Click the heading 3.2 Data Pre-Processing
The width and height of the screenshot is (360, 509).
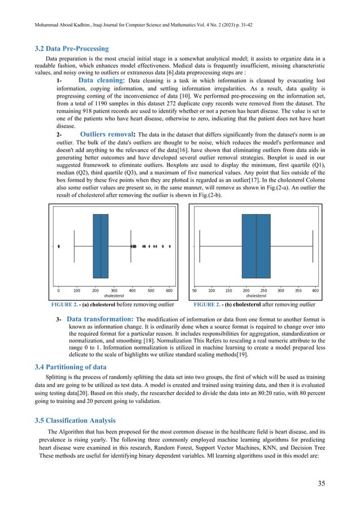tap(72, 49)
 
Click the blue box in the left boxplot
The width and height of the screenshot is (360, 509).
tap(100, 246)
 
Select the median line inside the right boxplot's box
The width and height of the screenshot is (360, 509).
tap(256, 246)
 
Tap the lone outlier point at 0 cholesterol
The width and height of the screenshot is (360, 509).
tap(59, 247)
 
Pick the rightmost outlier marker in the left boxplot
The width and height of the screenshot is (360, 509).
tap(170, 247)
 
